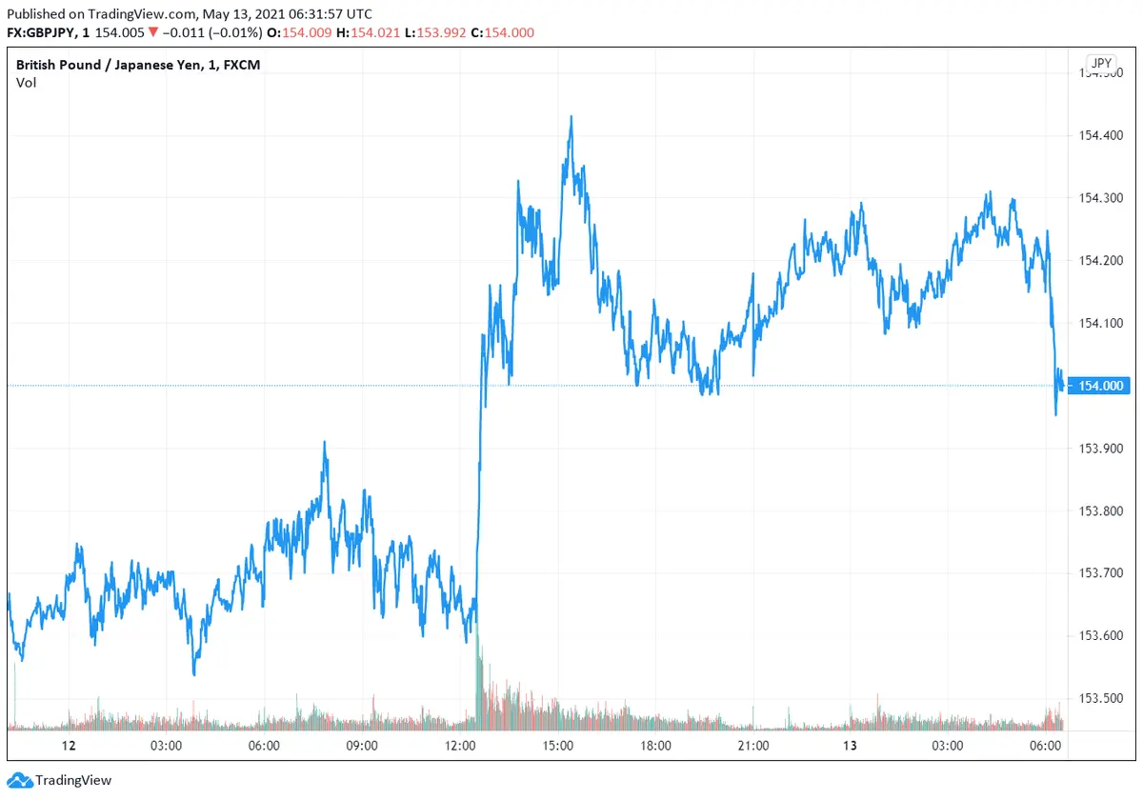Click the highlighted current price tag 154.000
point(1101,386)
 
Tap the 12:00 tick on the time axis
point(460,745)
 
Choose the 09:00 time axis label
point(362,745)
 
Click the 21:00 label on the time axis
point(753,745)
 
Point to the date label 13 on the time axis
point(851,745)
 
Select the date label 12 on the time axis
point(68,745)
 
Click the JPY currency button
point(1101,64)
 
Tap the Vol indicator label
point(26,83)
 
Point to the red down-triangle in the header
point(152,32)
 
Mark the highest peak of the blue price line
point(571,117)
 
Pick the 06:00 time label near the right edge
point(1047,745)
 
